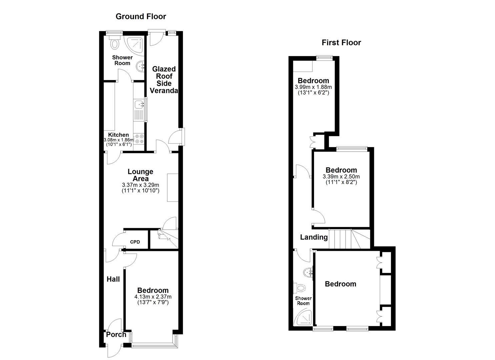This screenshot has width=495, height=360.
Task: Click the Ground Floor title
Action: pos(141,16)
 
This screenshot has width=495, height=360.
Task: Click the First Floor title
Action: pos(341,43)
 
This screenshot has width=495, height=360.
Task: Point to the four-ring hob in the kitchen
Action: pos(139,139)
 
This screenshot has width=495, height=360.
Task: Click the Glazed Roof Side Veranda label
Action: pos(164,80)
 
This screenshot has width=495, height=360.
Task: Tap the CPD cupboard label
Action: pos(135,242)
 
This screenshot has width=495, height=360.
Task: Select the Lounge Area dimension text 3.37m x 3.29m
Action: pos(140,185)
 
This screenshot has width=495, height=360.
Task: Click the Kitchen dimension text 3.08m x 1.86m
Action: pos(119,140)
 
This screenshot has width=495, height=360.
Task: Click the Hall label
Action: pos(113,279)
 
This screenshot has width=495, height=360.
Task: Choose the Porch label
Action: pos(116,335)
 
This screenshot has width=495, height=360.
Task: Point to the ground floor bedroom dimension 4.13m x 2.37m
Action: pos(153,297)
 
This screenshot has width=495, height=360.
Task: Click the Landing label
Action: pos(314,237)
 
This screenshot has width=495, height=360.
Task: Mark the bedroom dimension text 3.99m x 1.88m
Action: pos(313,87)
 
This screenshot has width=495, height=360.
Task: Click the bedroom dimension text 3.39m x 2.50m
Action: pos(341,176)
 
